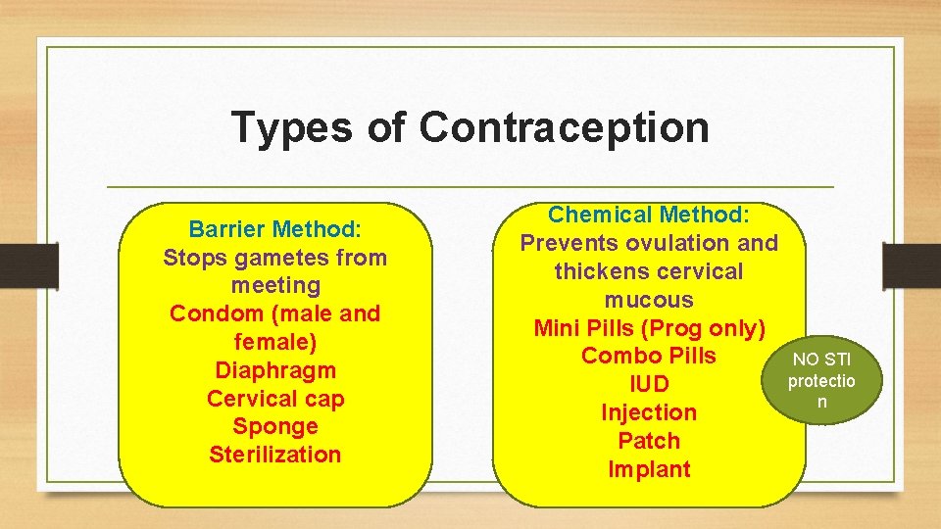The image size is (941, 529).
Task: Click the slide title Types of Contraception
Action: (x=470, y=127)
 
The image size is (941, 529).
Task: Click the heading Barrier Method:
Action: (x=275, y=229)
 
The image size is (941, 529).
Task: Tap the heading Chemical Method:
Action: (x=648, y=215)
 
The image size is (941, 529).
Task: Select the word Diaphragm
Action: (x=275, y=370)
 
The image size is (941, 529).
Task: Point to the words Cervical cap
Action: (x=275, y=399)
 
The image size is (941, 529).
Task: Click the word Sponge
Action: (x=275, y=427)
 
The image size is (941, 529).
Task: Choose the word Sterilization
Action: (x=275, y=455)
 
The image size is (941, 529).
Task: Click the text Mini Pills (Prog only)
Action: (x=648, y=328)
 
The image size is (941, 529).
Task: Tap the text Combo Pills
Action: (x=648, y=356)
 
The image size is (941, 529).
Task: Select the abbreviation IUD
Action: (x=648, y=384)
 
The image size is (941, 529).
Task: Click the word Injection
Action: (x=648, y=412)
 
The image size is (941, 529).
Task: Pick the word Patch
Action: (x=648, y=441)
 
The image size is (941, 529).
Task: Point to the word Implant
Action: (x=648, y=469)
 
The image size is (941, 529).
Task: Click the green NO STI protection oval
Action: (x=822, y=381)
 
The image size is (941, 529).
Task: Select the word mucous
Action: (x=648, y=300)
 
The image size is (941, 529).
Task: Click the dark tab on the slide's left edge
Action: (x=28, y=264)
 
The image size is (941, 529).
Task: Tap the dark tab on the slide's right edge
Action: (x=912, y=264)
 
